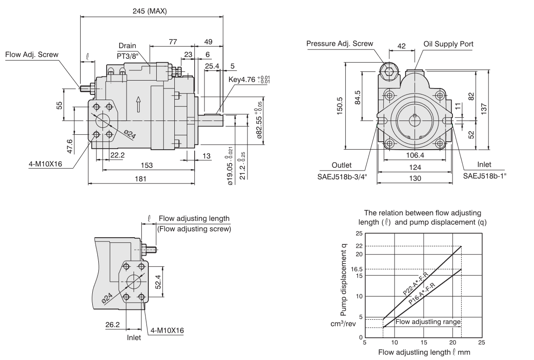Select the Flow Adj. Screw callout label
click(32, 55)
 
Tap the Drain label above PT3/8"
click(127, 46)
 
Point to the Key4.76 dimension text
click(249, 79)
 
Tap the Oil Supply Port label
click(448, 44)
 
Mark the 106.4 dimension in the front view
click(415, 156)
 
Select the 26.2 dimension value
click(113, 325)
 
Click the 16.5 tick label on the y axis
click(356, 269)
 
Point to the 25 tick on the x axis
click(482, 342)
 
